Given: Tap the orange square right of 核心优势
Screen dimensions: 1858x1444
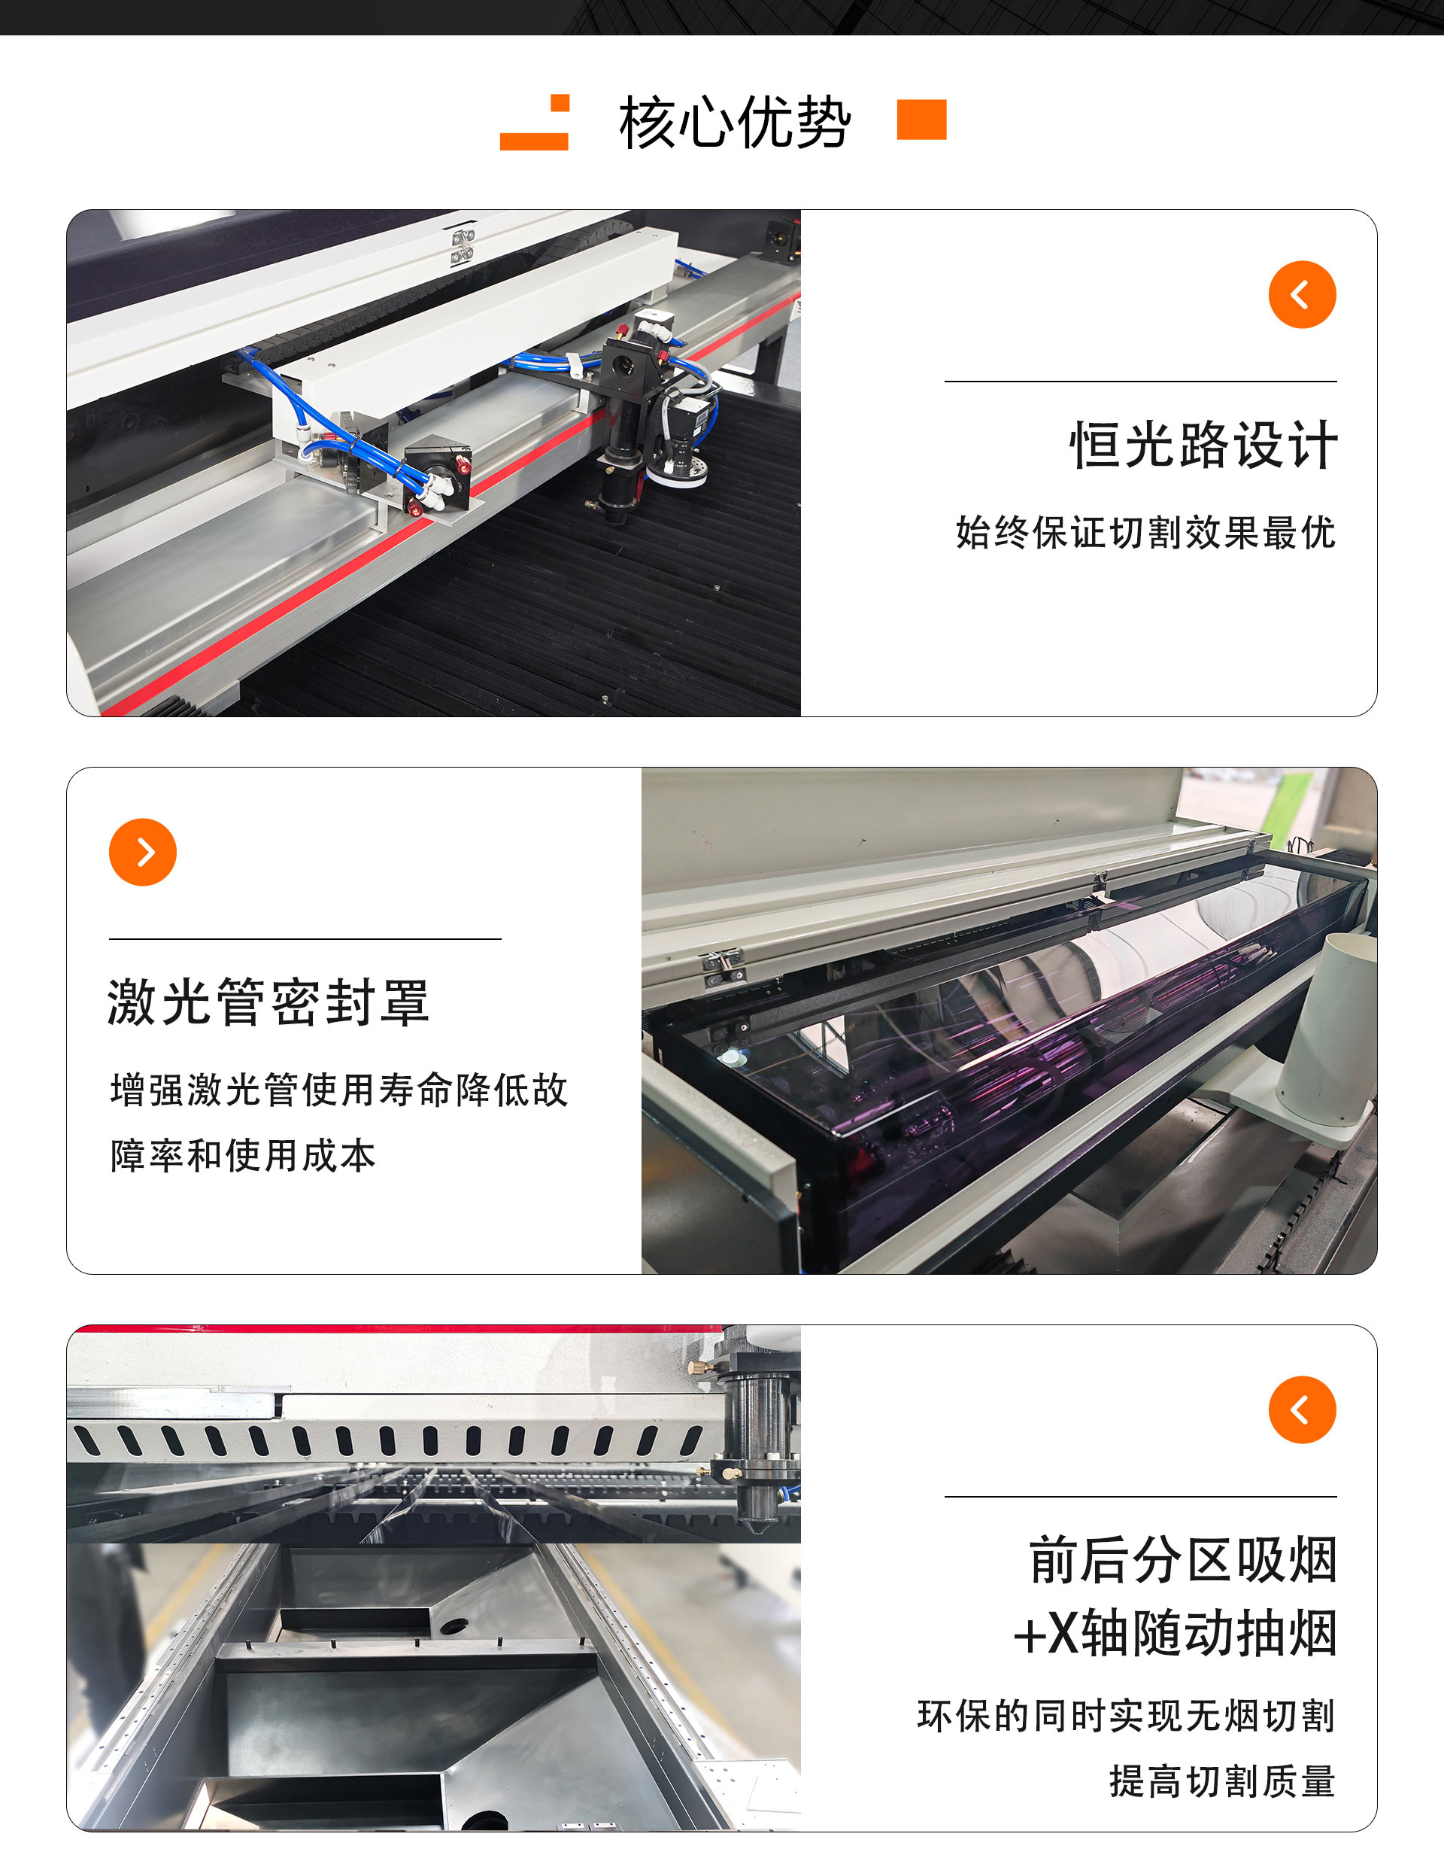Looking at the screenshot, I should [x=921, y=119].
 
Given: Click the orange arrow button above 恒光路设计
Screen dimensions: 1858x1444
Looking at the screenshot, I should [x=1301, y=294].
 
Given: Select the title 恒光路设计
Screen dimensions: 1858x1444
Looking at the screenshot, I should [x=1203, y=444].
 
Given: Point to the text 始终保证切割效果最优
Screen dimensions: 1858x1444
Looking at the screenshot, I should [x=1145, y=533].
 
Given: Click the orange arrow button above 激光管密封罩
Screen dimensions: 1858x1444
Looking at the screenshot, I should [x=143, y=852].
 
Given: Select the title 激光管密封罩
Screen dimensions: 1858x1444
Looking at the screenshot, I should [x=268, y=1002].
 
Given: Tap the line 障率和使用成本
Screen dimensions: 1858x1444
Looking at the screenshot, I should [x=242, y=1155].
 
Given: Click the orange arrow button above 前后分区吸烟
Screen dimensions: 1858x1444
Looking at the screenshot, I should [x=1301, y=1409].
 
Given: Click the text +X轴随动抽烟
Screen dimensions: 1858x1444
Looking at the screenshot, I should [x=1176, y=1632].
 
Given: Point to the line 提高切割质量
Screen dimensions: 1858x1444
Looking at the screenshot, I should [x=1221, y=1780].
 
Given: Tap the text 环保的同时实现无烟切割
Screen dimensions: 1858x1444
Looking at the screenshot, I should [x=1126, y=1715].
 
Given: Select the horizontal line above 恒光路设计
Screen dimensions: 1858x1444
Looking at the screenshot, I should [x=1139, y=381].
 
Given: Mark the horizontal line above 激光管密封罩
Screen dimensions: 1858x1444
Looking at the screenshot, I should [x=305, y=939].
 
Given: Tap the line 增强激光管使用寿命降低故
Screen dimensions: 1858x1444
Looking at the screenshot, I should [x=338, y=1090].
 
